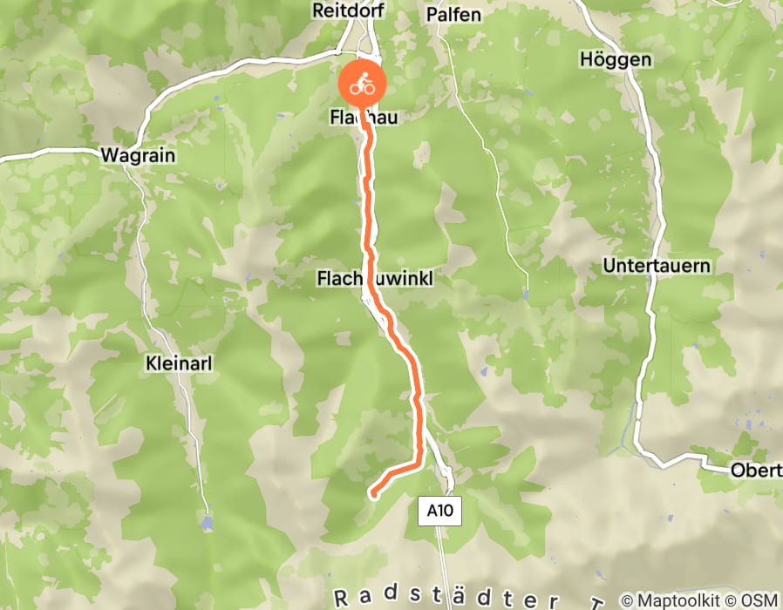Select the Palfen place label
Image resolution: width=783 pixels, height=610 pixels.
click(x=453, y=15)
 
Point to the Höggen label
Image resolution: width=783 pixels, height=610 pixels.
click(x=615, y=60)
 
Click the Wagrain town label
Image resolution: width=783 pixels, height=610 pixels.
click(x=138, y=156)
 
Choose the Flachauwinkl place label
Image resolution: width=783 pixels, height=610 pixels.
click(x=374, y=278)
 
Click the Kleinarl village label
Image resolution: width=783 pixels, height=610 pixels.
click(x=180, y=360)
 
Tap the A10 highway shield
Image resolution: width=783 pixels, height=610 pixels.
click(x=440, y=512)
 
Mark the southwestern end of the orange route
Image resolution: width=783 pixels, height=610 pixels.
click(x=374, y=496)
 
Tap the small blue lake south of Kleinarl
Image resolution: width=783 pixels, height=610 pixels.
click(x=207, y=523)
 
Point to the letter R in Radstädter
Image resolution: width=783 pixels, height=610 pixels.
click(x=340, y=598)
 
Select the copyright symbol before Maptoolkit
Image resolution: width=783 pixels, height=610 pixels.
click(x=628, y=600)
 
